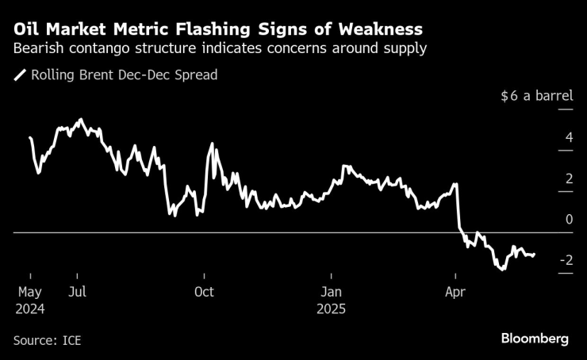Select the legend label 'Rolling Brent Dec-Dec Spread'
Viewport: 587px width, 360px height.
(124, 75)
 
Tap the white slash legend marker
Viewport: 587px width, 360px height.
(20, 76)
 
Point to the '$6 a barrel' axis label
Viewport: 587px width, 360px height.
(537, 97)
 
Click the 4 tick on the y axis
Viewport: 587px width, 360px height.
(569, 138)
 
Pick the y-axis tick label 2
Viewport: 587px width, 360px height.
(569, 178)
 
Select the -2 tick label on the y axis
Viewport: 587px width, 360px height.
(566, 260)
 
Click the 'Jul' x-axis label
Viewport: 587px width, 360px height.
(78, 291)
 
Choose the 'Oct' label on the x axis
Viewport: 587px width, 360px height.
(204, 291)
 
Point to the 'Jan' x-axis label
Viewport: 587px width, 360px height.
(330, 291)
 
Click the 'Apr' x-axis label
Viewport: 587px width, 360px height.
(455, 291)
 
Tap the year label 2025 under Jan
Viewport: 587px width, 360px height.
(332, 308)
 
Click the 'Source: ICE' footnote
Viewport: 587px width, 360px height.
(48, 340)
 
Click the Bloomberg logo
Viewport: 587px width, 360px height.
(535, 339)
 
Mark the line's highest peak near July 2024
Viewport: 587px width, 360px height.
(79, 120)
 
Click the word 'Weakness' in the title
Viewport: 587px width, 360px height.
(378, 29)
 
